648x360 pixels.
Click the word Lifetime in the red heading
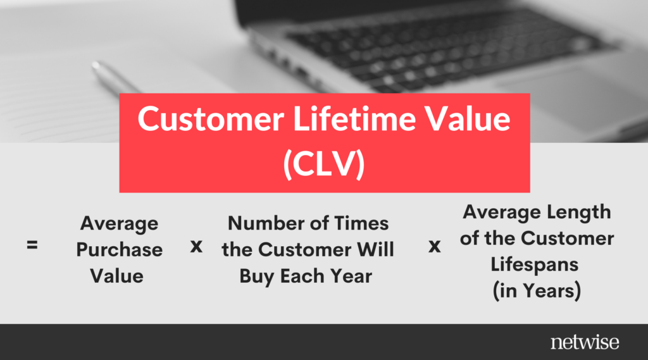tap(354, 118)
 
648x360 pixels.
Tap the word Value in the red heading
tap(468, 118)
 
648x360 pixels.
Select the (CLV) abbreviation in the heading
tap(324, 164)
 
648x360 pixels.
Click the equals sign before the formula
tap(32, 245)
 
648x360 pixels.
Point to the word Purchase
tap(120, 250)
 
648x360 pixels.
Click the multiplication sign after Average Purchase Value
tap(196, 246)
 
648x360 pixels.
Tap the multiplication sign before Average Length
tap(434, 246)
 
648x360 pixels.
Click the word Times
tap(361, 223)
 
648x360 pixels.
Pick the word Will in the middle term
tap(375, 249)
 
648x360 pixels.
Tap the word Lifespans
tap(535, 265)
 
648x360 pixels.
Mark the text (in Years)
tap(537, 290)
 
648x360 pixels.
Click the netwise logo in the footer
tap(585, 342)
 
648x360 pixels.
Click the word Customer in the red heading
tap(211, 118)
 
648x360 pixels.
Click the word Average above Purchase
tap(120, 224)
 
